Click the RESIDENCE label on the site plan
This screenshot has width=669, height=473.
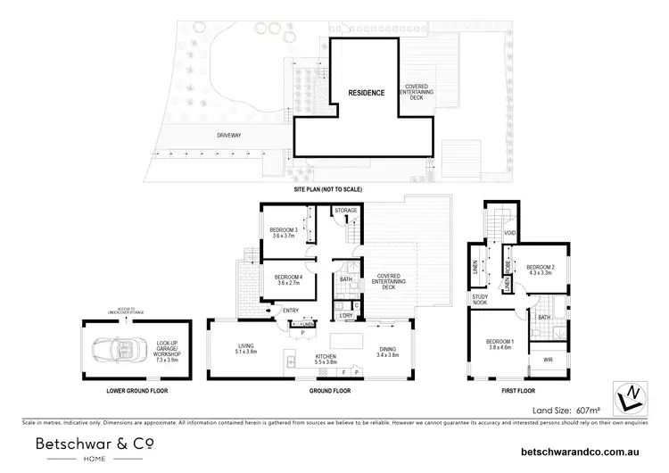[x=366, y=93]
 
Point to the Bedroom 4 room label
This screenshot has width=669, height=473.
[x=284, y=281]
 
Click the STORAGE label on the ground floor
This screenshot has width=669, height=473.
[x=346, y=211]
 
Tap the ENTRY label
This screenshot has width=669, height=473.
[x=292, y=311]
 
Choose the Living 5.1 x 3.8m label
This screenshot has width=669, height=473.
[x=247, y=349]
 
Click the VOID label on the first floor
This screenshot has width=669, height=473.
[x=510, y=233]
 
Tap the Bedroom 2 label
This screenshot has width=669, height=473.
[x=541, y=270]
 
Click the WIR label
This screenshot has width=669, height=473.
[x=548, y=361]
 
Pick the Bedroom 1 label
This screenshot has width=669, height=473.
[x=500, y=345]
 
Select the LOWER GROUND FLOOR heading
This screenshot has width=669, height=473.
[x=123, y=391]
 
